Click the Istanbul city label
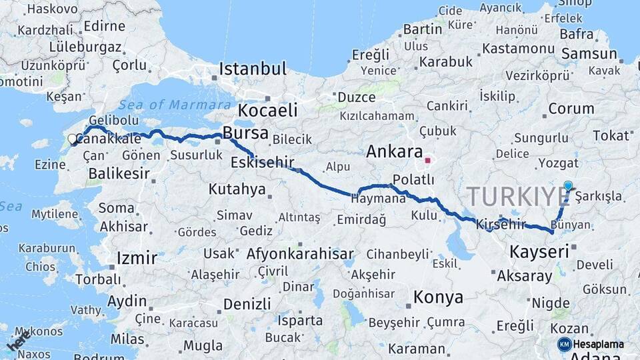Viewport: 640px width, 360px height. [x=253, y=69]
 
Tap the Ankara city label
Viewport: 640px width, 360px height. [x=394, y=151]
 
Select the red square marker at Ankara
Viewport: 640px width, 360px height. [x=427, y=161]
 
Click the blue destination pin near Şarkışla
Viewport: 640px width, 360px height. [x=567, y=187]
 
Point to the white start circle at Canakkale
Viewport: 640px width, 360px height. [x=72, y=139]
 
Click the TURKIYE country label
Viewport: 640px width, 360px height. [x=517, y=197]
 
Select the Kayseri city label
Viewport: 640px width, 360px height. [x=539, y=252]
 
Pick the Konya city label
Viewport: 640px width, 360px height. [x=438, y=297]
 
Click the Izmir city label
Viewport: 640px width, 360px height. [x=137, y=258]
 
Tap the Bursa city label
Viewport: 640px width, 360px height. [x=245, y=133]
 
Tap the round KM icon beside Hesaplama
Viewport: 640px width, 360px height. [x=564, y=345]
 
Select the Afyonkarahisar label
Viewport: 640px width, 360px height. [x=300, y=254]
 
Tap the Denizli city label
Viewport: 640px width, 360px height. [x=247, y=304]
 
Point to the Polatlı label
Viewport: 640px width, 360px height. [x=413, y=180]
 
